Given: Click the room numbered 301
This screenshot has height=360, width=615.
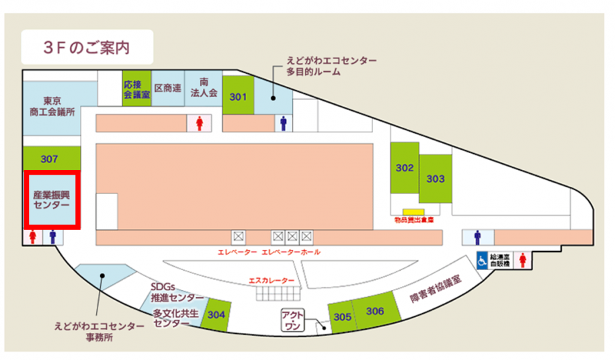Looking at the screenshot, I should point(237,97).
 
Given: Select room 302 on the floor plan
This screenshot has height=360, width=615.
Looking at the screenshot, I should point(405,169).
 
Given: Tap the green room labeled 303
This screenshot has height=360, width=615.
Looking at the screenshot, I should point(436,179).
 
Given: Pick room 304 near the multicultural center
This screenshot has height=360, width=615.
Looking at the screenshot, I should point(216,314).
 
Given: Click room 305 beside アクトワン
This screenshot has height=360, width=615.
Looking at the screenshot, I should point(342,317).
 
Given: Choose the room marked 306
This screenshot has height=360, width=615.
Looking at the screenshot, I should point(375,311).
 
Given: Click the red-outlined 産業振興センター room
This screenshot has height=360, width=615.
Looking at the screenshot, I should point(52,199).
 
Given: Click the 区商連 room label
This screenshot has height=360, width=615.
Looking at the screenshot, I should point(167,88).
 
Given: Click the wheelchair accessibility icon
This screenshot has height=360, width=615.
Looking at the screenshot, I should point(483,260).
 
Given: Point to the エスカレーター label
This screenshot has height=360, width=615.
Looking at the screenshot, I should point(272,280).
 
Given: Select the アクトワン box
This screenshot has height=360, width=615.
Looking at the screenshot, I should point(292,320).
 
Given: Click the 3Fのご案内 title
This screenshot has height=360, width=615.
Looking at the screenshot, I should point(85,47).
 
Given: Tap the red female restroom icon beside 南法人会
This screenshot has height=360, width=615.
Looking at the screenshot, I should point(199,124).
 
